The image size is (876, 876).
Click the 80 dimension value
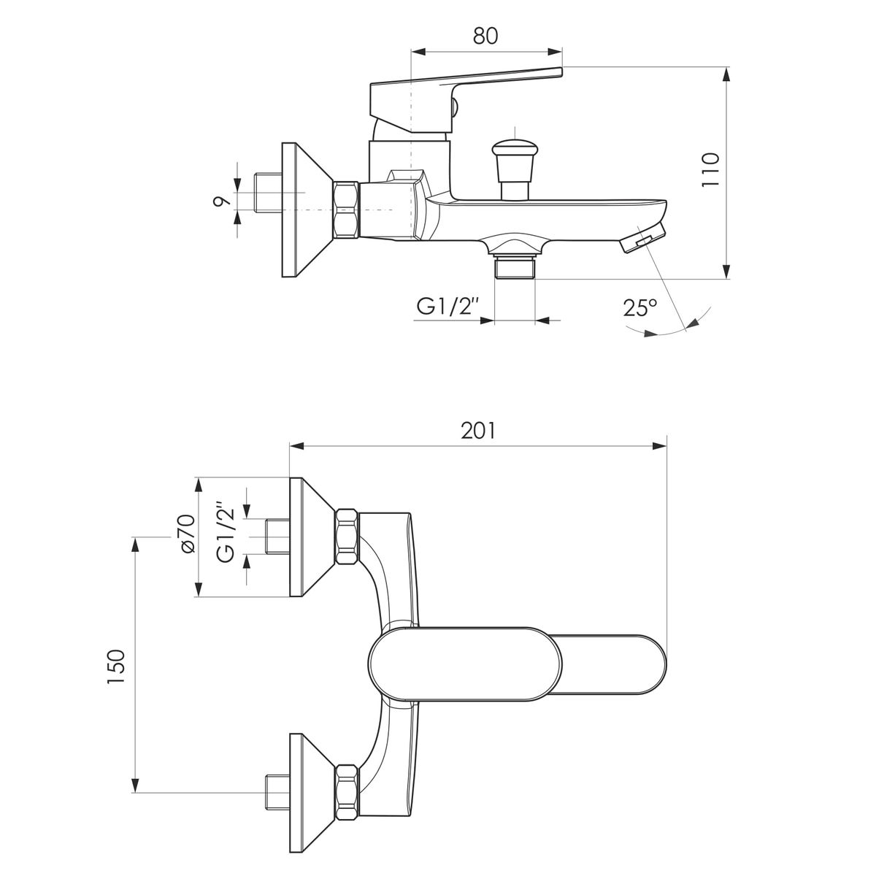485,36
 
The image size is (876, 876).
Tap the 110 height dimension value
710,169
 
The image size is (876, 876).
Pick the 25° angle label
640,308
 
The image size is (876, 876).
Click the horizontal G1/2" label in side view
447,307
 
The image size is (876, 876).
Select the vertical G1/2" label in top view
226,532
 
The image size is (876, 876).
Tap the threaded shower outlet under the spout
515,267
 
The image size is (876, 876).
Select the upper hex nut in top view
347,537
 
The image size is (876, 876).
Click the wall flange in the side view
308,210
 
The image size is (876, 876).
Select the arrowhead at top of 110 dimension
726,74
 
